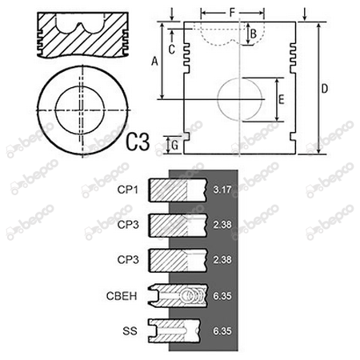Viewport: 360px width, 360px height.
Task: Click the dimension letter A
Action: [154, 61]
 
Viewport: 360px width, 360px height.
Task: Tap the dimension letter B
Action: [254, 34]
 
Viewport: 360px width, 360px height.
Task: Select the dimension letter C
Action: [172, 50]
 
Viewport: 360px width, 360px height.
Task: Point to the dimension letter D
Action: [324, 89]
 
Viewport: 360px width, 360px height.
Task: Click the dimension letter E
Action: [281, 99]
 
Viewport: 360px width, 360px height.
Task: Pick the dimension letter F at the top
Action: [232, 12]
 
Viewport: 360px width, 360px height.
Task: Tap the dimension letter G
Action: [174, 146]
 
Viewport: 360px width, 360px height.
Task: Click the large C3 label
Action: [138, 142]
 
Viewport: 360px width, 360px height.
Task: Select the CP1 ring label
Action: [128, 190]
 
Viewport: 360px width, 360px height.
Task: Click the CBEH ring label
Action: [122, 296]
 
